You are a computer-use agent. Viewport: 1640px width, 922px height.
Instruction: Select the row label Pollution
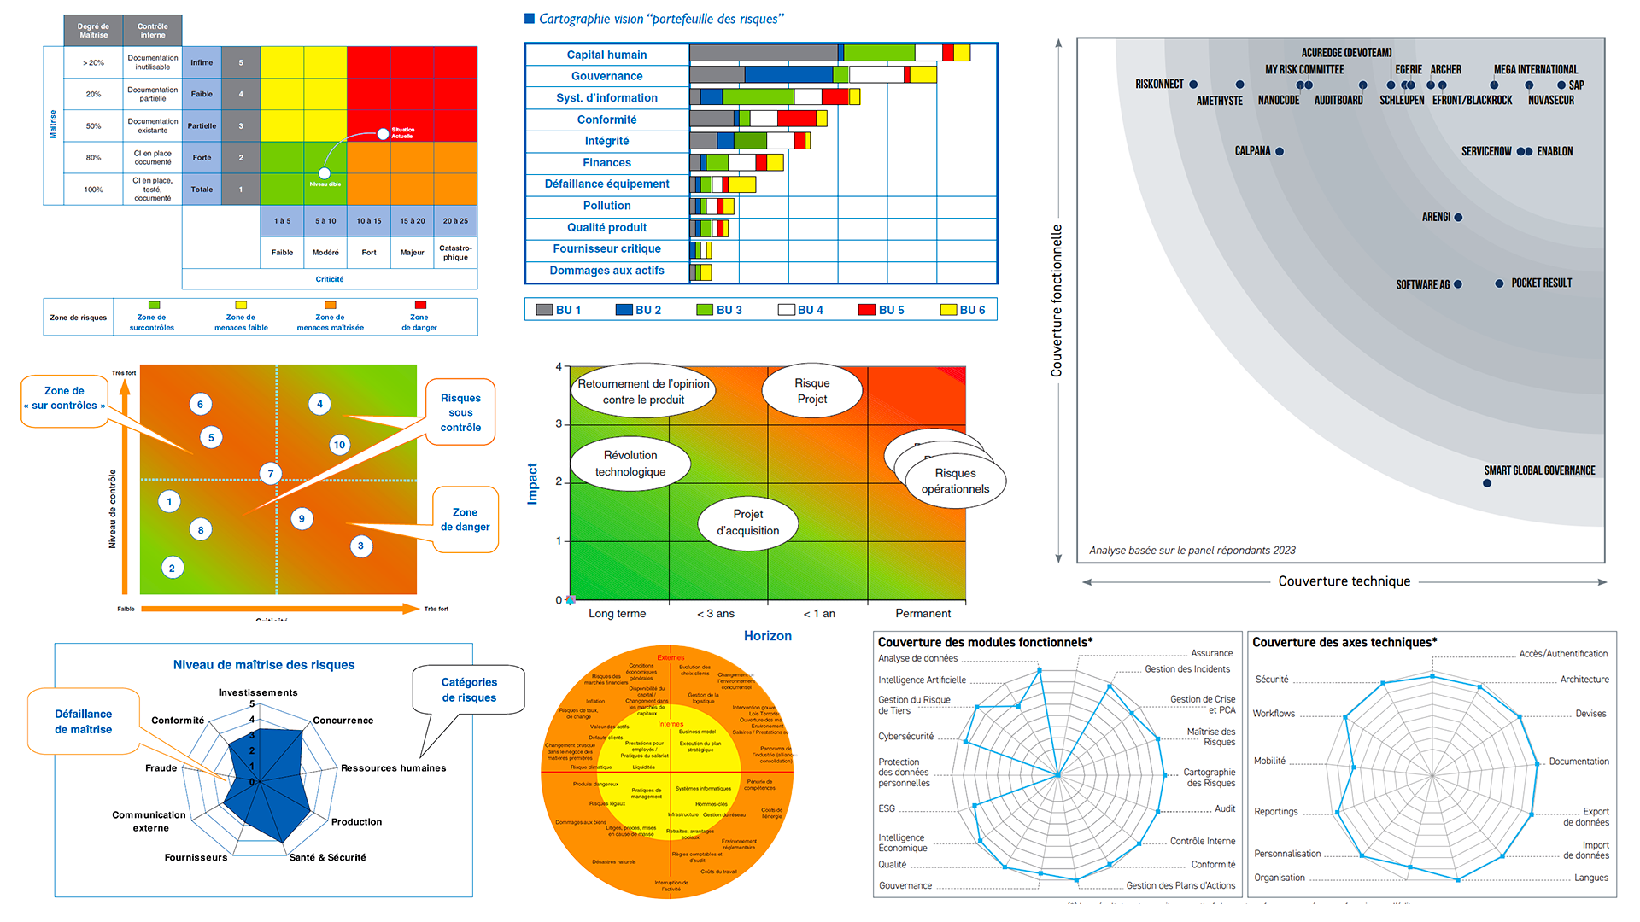click(606, 206)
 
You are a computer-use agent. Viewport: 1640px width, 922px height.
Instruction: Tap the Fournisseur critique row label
click(606, 248)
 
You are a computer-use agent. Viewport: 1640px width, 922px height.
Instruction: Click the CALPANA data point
click(1280, 152)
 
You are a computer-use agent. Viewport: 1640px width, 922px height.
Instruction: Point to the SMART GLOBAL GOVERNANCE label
click(1539, 470)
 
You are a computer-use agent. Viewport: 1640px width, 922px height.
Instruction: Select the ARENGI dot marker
click(1458, 218)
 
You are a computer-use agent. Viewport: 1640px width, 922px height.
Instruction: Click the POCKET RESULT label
click(1541, 283)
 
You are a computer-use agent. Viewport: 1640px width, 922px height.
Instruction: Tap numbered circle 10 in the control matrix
click(339, 445)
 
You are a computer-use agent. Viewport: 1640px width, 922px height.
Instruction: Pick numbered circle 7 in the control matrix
click(271, 474)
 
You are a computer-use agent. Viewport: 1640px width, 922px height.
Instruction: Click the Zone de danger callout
click(465, 519)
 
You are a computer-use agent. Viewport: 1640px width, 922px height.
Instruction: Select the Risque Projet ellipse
click(811, 391)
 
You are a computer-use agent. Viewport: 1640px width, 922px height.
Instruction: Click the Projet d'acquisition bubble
click(747, 522)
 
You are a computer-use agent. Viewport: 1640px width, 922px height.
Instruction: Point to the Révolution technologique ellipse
click(630, 464)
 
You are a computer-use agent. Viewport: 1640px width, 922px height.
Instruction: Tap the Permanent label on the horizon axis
click(922, 614)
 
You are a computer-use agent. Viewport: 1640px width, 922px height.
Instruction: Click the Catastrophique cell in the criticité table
click(455, 253)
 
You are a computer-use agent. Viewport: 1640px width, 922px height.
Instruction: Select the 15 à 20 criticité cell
click(413, 221)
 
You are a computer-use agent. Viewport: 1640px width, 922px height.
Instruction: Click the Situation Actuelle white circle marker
click(383, 134)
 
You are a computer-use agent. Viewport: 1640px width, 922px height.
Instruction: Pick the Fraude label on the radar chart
click(161, 768)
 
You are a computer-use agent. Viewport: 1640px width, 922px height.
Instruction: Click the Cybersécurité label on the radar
click(905, 737)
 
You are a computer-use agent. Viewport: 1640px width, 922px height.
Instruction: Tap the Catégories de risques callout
click(469, 690)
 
